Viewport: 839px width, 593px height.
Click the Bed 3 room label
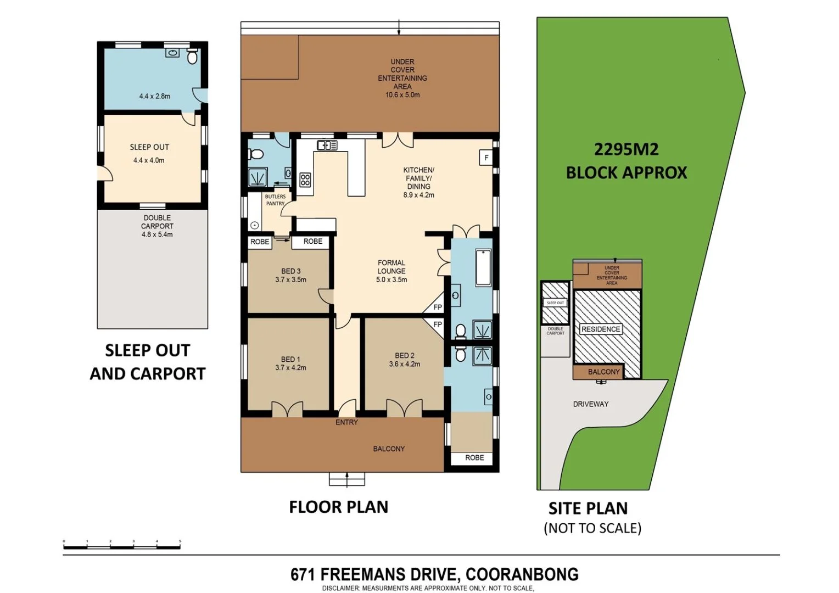[290, 271]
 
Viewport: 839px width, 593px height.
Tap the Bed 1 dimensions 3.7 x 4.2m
[290, 368]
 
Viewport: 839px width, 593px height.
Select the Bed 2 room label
[404, 355]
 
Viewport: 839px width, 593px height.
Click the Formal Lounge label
[391, 267]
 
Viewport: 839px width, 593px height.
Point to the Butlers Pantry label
[275, 200]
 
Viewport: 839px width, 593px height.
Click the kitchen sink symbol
[327, 145]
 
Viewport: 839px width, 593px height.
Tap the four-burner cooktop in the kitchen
[305, 180]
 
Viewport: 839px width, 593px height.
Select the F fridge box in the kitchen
[485, 158]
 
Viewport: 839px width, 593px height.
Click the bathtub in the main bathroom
[483, 267]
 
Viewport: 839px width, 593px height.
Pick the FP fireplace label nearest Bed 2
[438, 325]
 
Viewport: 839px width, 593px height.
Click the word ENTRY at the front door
[346, 422]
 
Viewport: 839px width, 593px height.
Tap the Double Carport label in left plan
[157, 222]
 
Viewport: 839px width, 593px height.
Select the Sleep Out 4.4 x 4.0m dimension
[149, 160]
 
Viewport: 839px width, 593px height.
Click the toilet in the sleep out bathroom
[192, 57]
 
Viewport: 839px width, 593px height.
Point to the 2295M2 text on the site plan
[626, 149]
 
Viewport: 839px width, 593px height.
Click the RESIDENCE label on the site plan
[601, 329]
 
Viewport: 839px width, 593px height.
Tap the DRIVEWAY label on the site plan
[591, 404]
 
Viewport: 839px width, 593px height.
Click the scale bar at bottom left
[122, 544]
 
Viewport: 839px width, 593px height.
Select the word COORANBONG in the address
[522, 574]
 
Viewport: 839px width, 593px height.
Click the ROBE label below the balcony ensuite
[474, 457]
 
